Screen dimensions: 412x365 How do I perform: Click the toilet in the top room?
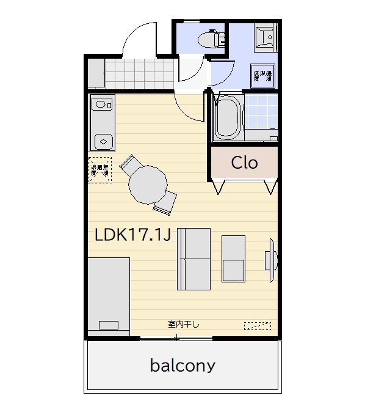(x=209, y=39)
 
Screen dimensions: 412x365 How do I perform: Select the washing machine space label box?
(x=264, y=76)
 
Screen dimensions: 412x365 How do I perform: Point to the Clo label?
(x=244, y=163)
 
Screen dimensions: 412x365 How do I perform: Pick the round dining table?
(x=148, y=184)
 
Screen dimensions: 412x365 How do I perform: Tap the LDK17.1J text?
(x=132, y=235)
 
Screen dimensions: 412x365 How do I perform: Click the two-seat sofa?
(x=193, y=259)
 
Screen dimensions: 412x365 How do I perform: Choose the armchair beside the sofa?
(x=233, y=258)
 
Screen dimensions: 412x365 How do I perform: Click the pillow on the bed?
(x=109, y=325)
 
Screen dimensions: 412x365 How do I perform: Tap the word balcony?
(x=182, y=366)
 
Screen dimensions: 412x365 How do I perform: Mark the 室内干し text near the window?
(x=184, y=323)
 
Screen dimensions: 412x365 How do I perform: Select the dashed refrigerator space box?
(x=100, y=169)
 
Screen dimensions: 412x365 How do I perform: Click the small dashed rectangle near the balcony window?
(x=257, y=326)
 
